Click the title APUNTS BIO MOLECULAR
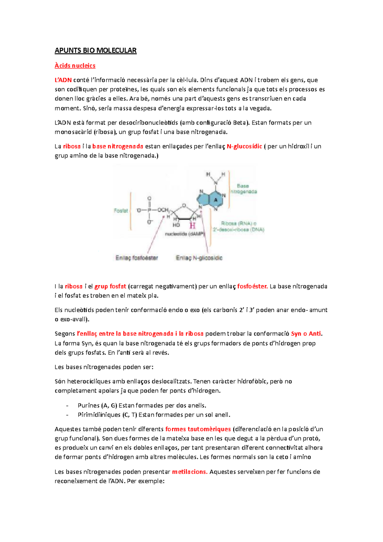(x=95, y=50)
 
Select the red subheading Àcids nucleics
(x=75, y=65)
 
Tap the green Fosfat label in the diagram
(x=121, y=211)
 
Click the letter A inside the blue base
(x=216, y=200)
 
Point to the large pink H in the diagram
(x=192, y=226)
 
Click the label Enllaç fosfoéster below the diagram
(x=137, y=258)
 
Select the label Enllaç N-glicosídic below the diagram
(x=199, y=258)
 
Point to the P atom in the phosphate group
(x=149, y=210)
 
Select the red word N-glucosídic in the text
(x=244, y=147)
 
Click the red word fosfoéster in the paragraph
(x=252, y=286)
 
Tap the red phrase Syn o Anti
(x=306, y=334)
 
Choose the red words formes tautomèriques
(x=198, y=429)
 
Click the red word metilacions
(x=190, y=472)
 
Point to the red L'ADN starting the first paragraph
(x=63, y=80)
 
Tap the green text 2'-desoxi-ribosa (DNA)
(x=238, y=230)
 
